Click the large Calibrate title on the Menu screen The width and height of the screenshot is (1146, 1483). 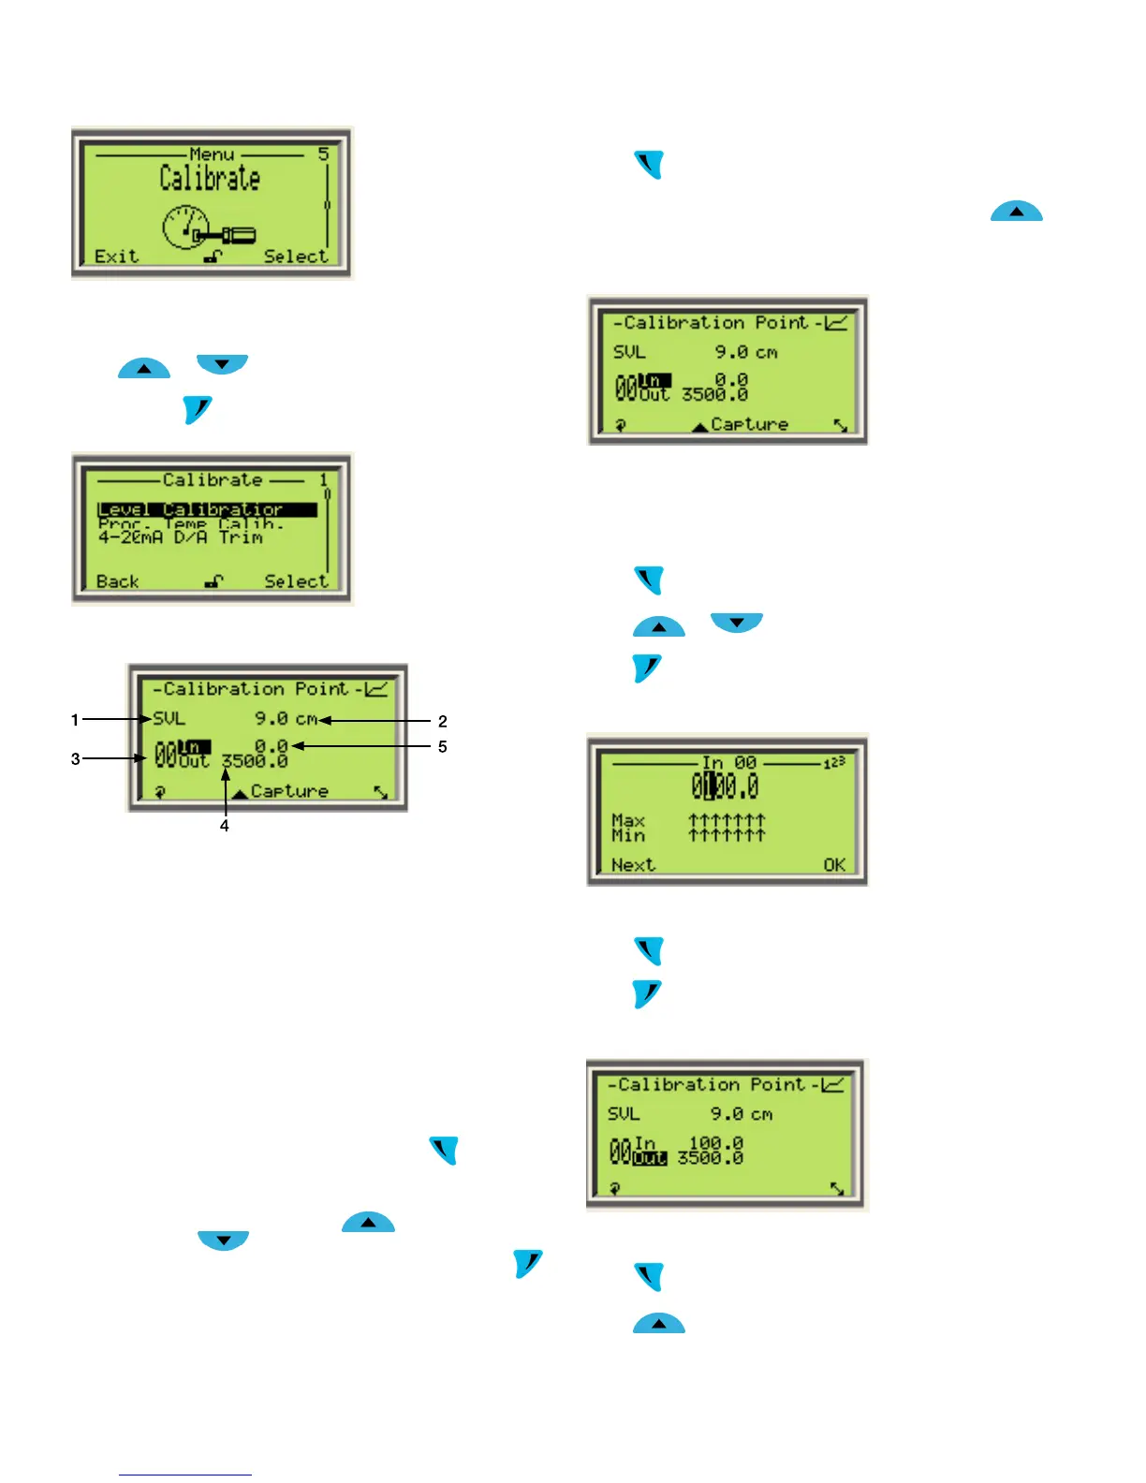coord(209,178)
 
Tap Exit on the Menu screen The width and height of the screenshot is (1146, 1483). coord(116,257)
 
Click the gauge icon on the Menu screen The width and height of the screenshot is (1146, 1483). coord(185,227)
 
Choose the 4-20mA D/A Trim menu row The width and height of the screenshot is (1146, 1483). coord(180,538)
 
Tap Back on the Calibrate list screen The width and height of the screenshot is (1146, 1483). coord(117,581)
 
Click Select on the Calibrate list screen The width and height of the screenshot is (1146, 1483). coord(296,581)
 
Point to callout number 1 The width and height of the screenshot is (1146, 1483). coord(75,720)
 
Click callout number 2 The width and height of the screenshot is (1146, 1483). coord(443,721)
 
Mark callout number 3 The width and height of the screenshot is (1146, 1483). coord(76,759)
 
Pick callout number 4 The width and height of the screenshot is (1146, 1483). coord(225,826)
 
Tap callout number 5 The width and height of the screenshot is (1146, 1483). coord(443,747)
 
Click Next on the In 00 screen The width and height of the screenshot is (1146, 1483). coord(633,865)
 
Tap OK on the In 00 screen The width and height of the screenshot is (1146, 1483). coord(834,865)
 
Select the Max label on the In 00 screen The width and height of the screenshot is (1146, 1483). coord(628,820)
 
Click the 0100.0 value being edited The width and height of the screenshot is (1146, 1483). coord(725,786)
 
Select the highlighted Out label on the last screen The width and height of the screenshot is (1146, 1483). coord(650,1159)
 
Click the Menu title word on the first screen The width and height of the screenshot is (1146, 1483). coord(212,154)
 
